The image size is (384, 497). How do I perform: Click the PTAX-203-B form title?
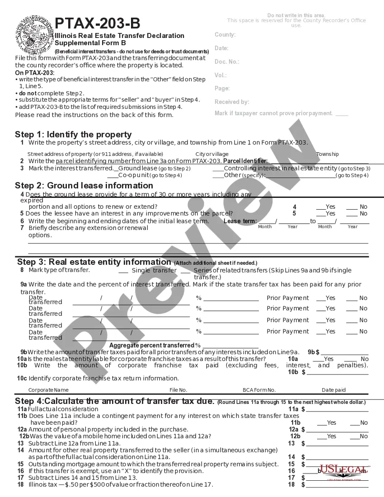[x=97, y=23]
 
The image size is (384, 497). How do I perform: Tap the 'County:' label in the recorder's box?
[x=225, y=35]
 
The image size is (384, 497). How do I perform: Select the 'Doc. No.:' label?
[x=227, y=62]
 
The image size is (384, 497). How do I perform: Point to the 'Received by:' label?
[x=232, y=102]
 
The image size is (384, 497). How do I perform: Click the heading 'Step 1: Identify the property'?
[x=73, y=134]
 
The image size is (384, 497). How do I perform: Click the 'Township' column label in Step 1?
[x=328, y=154]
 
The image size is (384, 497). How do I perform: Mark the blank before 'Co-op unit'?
[x=112, y=175]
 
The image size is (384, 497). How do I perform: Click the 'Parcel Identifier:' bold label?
[x=245, y=161]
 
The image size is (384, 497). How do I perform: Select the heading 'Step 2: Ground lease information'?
[x=84, y=185]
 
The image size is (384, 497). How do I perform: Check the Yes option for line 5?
[x=321, y=213]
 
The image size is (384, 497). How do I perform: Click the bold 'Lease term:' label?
[x=240, y=221]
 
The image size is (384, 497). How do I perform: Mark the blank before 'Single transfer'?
[x=123, y=271]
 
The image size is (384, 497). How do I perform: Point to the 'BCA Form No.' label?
[x=259, y=390]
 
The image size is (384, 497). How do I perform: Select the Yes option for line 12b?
[x=321, y=436]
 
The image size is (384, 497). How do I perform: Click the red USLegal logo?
[x=344, y=471]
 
